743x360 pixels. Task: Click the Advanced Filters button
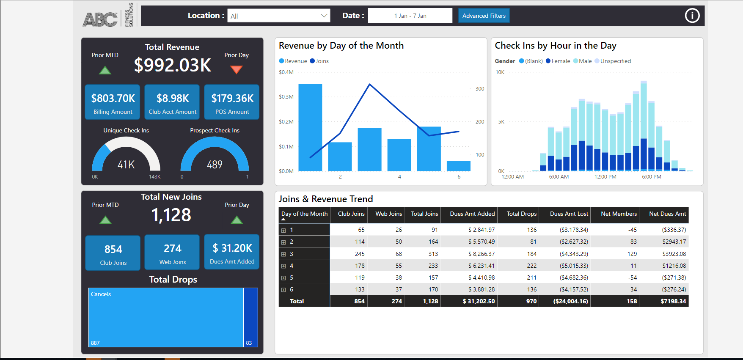[x=484, y=16]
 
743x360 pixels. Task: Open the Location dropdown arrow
[x=324, y=16]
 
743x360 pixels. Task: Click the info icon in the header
[x=692, y=16]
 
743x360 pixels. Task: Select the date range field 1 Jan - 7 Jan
[x=410, y=16]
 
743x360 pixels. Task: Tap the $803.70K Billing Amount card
[x=113, y=102]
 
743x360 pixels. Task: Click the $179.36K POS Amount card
[x=232, y=102]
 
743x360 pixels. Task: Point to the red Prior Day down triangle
[x=237, y=70]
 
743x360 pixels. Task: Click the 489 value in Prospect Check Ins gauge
[x=215, y=165]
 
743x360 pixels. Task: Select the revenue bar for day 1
[x=310, y=127]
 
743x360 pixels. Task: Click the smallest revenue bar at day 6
[x=458, y=166]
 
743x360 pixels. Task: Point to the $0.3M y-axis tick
[x=286, y=97]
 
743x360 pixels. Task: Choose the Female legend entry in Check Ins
[x=558, y=61]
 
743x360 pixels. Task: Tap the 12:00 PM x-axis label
[x=605, y=177]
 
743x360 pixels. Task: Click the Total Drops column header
[x=521, y=214]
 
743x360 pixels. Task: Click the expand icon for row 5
[x=283, y=278]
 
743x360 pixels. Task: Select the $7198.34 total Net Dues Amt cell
[x=673, y=301]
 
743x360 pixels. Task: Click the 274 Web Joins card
[x=172, y=253]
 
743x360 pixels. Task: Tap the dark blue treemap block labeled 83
[x=251, y=317]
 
